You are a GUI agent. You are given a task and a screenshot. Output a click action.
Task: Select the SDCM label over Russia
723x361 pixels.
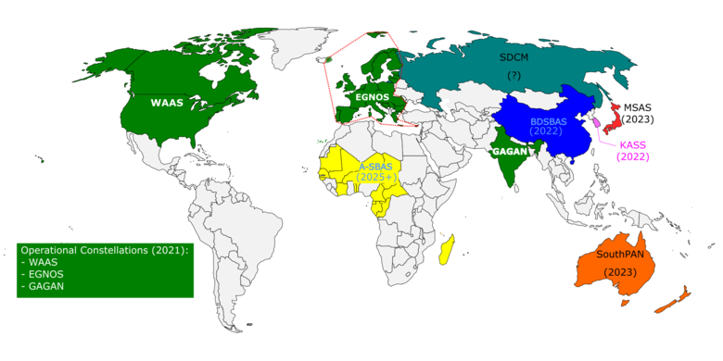pos(514,56)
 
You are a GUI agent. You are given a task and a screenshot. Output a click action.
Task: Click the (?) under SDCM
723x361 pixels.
pos(514,74)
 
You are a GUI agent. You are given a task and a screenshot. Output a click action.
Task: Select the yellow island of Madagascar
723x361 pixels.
pos(446,249)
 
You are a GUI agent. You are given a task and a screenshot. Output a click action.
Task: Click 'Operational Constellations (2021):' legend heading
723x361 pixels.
pos(104,251)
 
